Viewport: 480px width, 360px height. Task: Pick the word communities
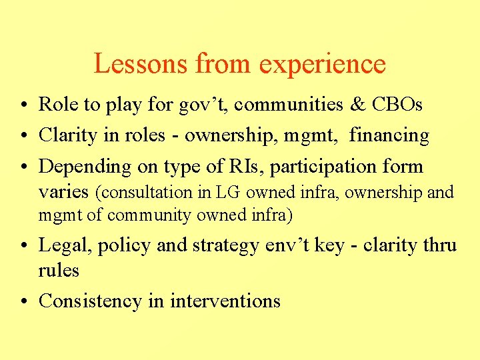click(292, 105)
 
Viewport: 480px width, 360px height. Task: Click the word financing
click(389, 136)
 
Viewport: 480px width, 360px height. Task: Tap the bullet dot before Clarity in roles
click(23, 136)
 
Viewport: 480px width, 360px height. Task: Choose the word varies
click(64, 192)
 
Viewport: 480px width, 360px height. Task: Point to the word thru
click(438, 245)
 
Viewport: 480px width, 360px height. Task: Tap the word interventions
click(225, 301)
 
